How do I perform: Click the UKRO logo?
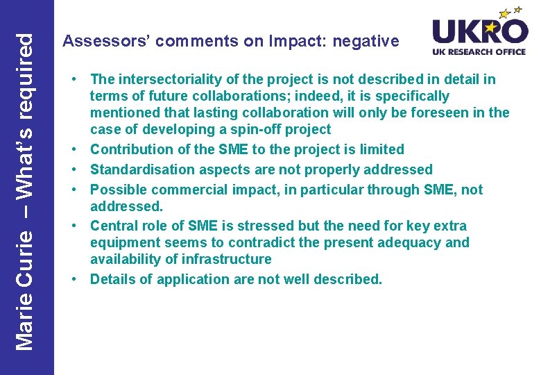click(480, 31)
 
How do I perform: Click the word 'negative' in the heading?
click(366, 42)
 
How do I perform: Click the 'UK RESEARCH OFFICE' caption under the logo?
click(480, 52)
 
